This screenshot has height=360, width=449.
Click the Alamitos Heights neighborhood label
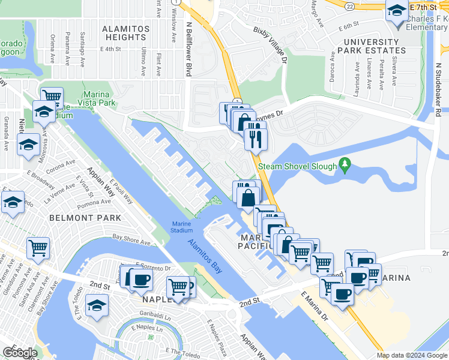[x=124, y=32]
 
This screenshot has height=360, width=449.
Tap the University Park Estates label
[x=371, y=46]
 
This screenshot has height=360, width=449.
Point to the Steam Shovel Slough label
[x=296, y=166]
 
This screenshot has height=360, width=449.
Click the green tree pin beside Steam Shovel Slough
[x=345, y=163]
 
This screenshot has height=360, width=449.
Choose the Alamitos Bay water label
[x=205, y=257]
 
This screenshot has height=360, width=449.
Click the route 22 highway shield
[x=348, y=5]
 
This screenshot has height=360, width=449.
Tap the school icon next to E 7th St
[x=396, y=12]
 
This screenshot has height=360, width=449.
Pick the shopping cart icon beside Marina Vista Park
[x=52, y=95]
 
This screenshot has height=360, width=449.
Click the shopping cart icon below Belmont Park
[x=38, y=247]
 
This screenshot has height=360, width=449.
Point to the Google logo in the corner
[x=20, y=353]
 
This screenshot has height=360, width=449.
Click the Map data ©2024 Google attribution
[x=412, y=355]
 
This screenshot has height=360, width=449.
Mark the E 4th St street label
[x=111, y=49]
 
